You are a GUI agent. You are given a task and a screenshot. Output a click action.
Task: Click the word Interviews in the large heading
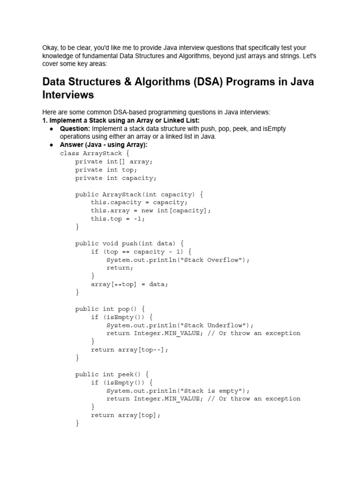click(x=68, y=95)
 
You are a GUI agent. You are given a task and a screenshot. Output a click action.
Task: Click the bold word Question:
click(x=75, y=128)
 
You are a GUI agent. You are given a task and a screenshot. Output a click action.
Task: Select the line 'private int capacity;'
click(x=116, y=178)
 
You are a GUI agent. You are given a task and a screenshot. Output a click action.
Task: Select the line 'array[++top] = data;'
click(x=129, y=284)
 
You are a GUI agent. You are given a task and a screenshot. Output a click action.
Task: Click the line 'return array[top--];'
click(x=129, y=349)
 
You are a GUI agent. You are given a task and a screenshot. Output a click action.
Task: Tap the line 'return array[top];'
click(x=126, y=415)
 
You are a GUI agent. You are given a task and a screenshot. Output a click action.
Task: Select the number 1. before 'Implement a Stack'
click(x=45, y=120)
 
